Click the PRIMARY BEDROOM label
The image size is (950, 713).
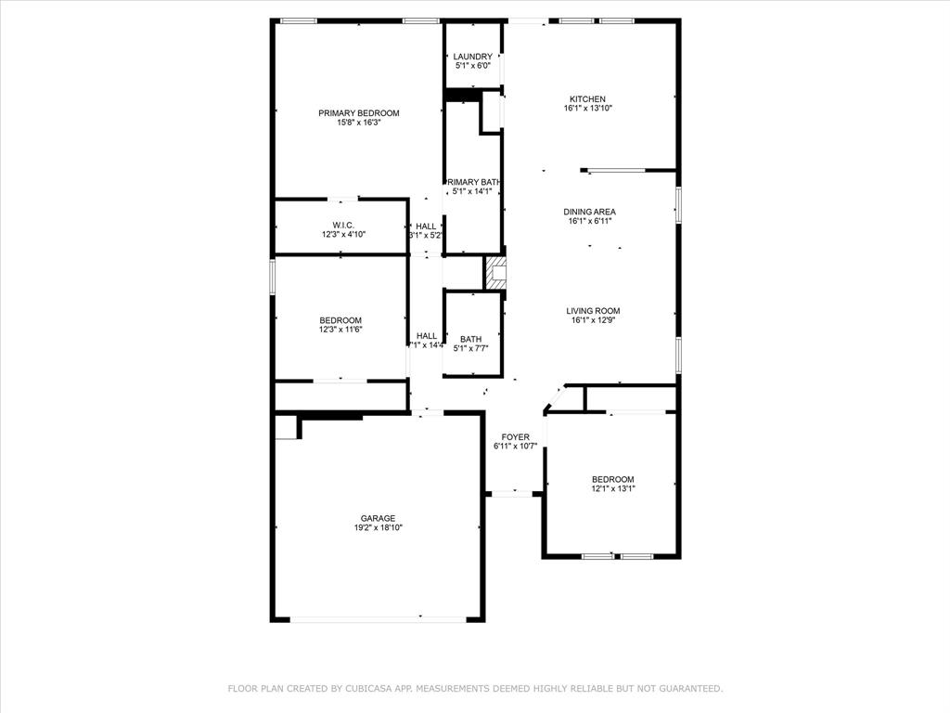[358, 113]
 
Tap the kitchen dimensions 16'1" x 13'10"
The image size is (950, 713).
[587, 109]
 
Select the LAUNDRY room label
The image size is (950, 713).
[472, 57]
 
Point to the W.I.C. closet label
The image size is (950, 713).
[343, 226]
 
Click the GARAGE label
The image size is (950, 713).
[378, 518]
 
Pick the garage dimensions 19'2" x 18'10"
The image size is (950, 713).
[378, 527]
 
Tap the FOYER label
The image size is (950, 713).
[515, 436]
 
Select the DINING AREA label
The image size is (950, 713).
[589, 212]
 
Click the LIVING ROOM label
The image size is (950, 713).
[594, 311]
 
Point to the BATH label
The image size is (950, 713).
[470, 339]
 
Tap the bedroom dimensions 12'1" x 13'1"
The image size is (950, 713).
[612, 488]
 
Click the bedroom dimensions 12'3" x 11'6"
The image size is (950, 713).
[340, 330]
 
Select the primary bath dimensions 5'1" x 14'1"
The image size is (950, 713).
[472, 192]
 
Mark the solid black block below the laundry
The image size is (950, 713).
[461, 95]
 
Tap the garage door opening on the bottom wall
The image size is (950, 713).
[386, 618]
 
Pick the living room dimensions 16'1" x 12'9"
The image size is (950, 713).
[594, 320]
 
